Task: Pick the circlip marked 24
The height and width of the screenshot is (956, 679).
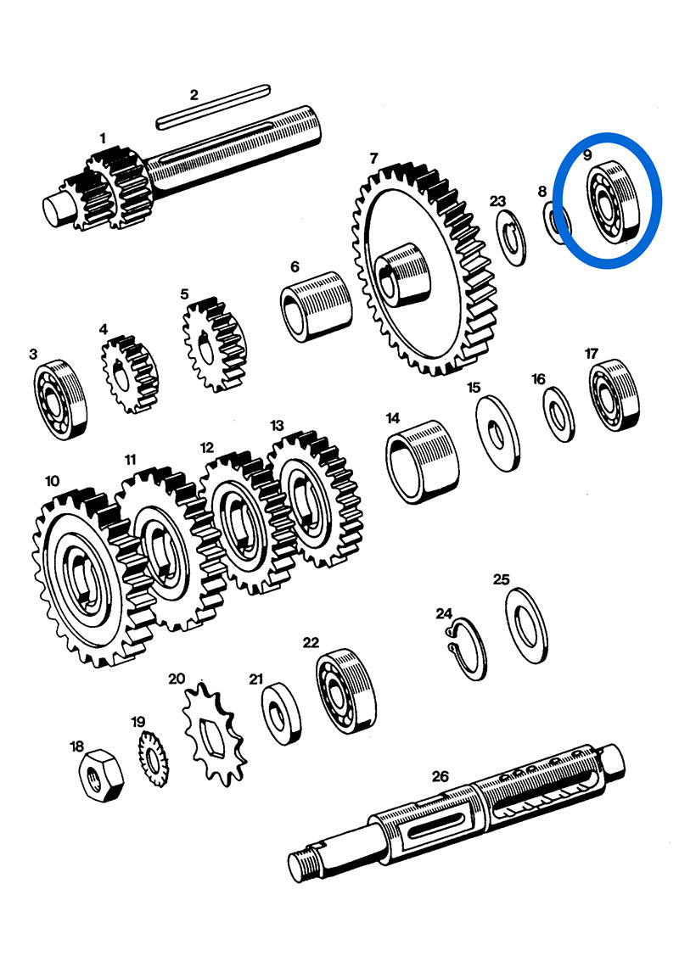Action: tap(467, 650)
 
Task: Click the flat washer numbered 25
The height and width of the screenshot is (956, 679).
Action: tap(526, 625)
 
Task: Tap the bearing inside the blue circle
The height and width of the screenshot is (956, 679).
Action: tap(610, 201)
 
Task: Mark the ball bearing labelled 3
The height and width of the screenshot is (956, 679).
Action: tap(60, 398)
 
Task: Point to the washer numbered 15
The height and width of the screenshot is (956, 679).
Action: tap(498, 433)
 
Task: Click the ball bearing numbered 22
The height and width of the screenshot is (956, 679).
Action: tap(347, 691)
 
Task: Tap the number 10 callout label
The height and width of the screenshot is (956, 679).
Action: tap(52, 481)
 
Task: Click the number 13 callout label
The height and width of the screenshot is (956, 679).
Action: tap(278, 424)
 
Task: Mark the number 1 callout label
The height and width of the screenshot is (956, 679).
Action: tap(103, 137)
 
